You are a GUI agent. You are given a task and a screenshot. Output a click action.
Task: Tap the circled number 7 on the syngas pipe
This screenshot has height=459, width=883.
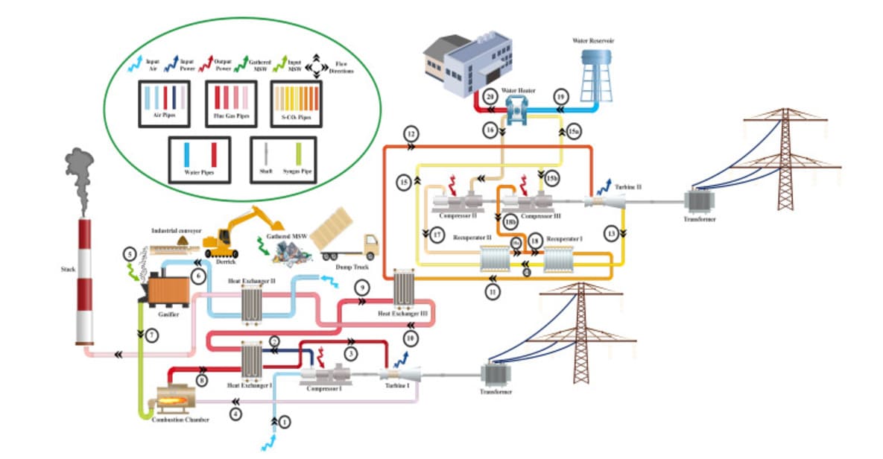(x=151, y=335)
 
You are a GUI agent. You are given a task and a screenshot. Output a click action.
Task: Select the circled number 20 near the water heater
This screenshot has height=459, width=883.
(x=489, y=97)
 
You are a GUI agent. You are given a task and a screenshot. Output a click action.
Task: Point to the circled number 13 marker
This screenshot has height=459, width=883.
(x=612, y=234)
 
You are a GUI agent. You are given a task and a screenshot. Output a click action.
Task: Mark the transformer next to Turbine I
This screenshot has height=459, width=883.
(x=494, y=376)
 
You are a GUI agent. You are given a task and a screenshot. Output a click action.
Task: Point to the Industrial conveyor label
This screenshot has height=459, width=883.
(x=177, y=231)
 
